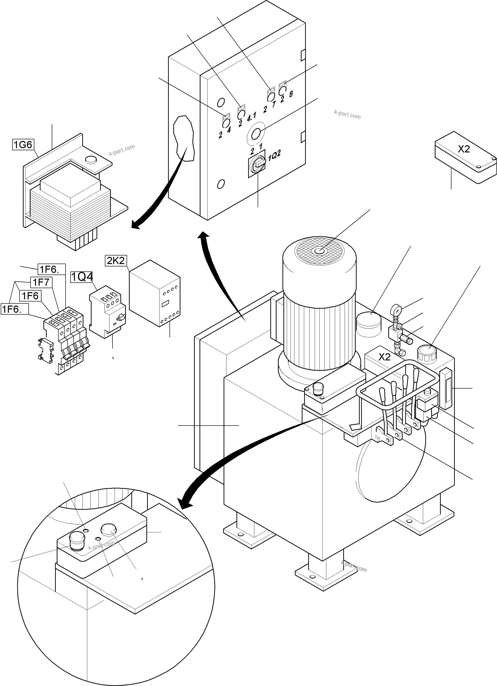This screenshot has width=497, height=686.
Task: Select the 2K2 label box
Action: (115, 260)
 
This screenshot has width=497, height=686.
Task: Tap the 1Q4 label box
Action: (82, 277)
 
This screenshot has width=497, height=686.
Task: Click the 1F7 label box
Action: (41, 282)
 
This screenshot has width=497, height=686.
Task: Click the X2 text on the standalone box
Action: (464, 149)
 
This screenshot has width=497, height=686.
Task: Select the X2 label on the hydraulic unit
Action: (384, 357)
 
